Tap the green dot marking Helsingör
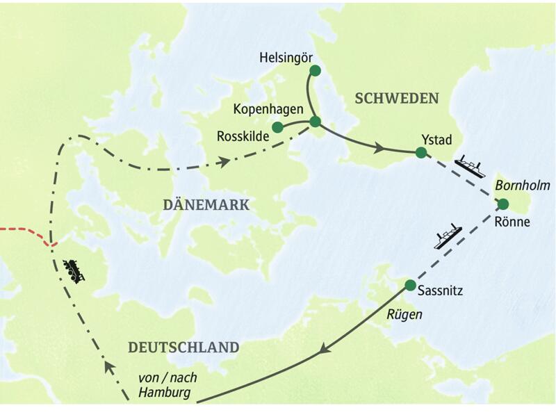tap(315, 70)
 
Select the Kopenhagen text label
tap(268, 110)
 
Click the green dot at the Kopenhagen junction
tap(315, 122)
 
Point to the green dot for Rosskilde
tap(278, 127)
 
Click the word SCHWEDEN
tap(397, 98)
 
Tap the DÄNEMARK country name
tap(206, 204)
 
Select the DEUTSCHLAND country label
tap(183, 347)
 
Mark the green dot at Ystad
tap(420, 153)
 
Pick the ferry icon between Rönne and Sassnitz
tap(448, 237)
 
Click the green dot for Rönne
tap(503, 204)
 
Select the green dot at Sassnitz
tap(410, 285)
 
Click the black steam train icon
tap(74, 270)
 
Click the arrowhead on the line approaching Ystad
tap(379, 148)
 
